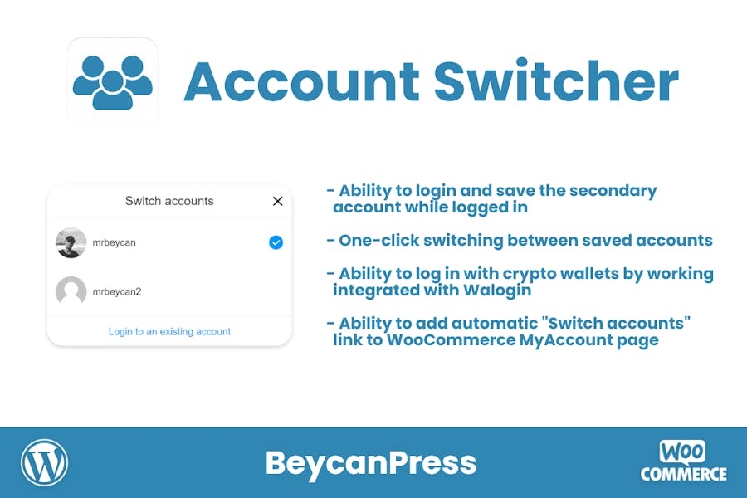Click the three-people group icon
(112, 82)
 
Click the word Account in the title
(301, 81)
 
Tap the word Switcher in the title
(556, 80)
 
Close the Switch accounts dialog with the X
(278, 201)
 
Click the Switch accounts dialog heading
(169, 201)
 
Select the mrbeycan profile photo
(71, 242)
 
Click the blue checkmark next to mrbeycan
(276, 242)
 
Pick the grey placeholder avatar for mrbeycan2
(71, 291)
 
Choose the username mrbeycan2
(117, 291)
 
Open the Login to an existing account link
(169, 331)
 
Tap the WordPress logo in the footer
(44, 463)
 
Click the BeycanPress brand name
(371, 463)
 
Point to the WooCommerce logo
(684, 461)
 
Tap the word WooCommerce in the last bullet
(450, 340)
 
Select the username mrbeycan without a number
(114, 242)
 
